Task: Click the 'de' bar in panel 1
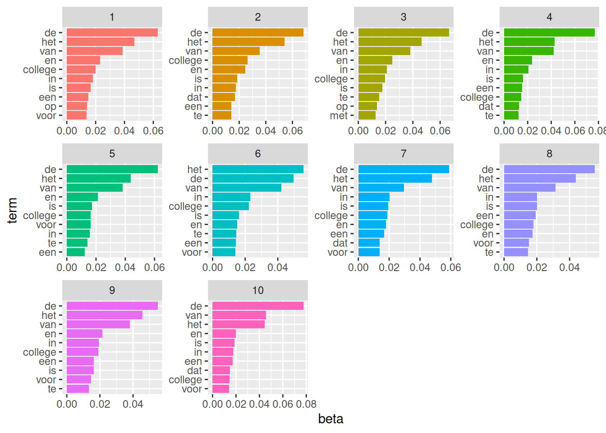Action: [112, 32]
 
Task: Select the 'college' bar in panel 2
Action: [230, 60]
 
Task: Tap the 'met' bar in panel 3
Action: [367, 115]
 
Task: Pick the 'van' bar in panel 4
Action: [528, 51]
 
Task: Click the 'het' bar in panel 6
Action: [257, 170]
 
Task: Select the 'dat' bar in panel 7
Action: [369, 243]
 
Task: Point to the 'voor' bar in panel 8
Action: [516, 243]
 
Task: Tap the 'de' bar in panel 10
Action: [257, 306]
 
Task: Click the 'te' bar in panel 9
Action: [78, 389]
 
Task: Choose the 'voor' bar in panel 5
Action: [78, 225]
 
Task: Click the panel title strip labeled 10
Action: [257, 290]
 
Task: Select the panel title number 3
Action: [404, 17]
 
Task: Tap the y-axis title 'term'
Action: [12, 210]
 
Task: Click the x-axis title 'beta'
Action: [331, 419]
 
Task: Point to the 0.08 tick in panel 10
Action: [306, 404]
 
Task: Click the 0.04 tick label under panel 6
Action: [278, 267]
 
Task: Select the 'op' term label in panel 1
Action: [50, 106]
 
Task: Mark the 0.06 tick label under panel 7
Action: [451, 267]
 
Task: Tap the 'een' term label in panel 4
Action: [485, 88]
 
